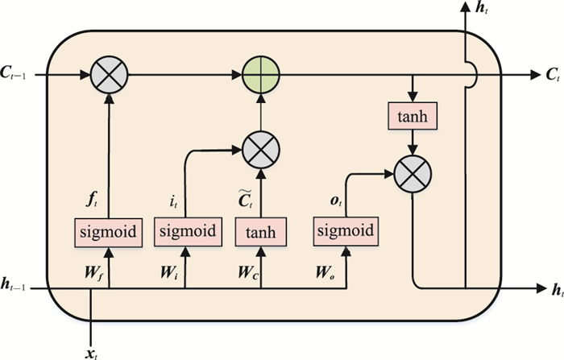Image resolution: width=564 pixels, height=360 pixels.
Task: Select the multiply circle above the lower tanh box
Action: tap(260, 149)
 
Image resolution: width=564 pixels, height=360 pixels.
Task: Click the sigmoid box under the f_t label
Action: tap(107, 233)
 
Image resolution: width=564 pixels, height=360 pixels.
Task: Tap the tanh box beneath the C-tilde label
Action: tap(260, 233)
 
